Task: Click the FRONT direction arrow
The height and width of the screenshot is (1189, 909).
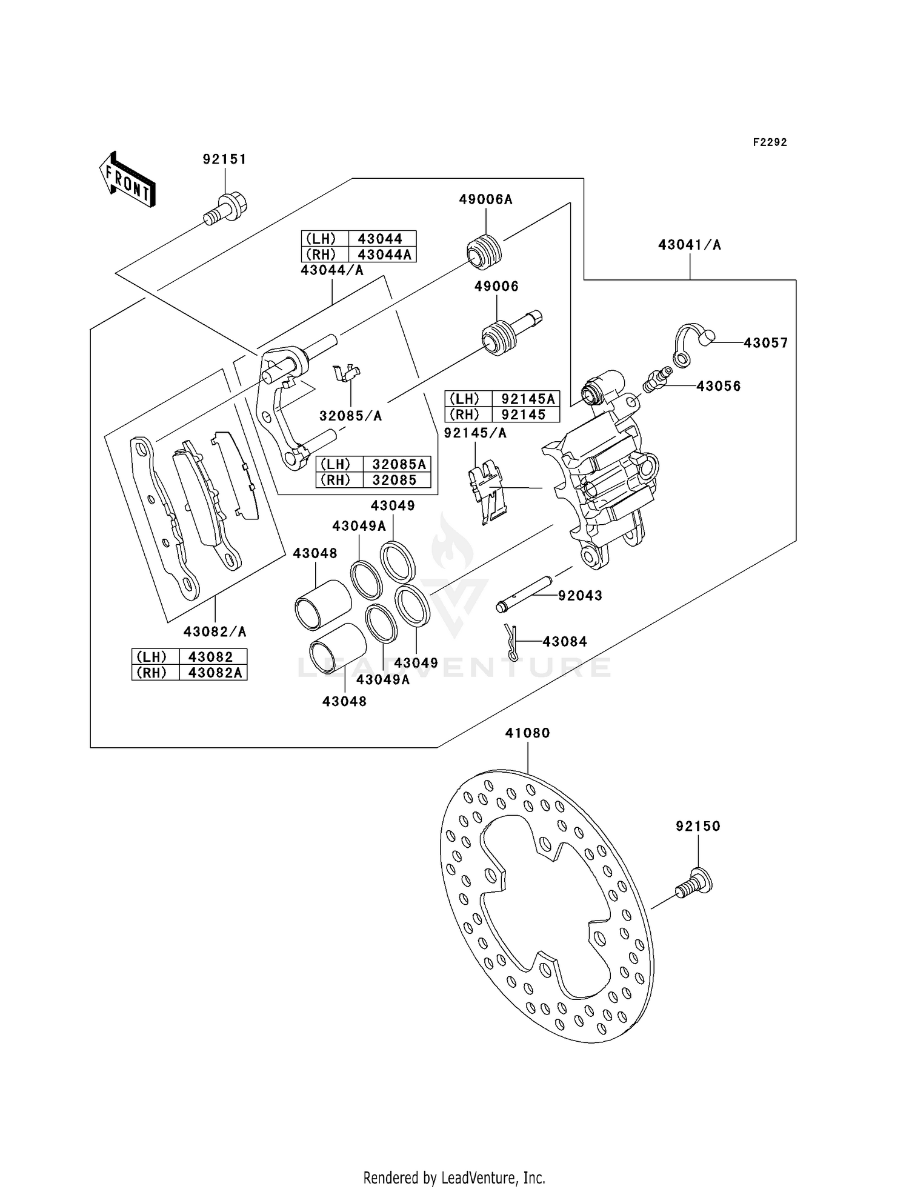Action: [127, 180]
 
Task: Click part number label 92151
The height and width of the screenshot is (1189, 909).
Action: [225, 159]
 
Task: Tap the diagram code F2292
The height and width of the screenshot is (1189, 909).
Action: [770, 142]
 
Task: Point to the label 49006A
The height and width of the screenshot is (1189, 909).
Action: [485, 199]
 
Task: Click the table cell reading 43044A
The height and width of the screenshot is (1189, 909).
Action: [384, 255]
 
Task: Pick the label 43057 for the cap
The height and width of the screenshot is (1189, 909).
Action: [766, 343]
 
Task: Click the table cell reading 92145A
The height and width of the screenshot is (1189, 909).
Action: [525, 399]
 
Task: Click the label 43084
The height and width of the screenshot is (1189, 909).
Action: [565, 642]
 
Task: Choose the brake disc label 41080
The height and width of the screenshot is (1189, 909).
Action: [528, 733]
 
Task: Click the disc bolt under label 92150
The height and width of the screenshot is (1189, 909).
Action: [694, 882]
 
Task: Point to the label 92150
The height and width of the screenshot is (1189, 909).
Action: [698, 827]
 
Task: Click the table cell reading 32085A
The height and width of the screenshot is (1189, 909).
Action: [399, 464]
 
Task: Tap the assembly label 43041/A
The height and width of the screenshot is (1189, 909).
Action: [690, 245]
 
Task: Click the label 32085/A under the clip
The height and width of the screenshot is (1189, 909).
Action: [350, 416]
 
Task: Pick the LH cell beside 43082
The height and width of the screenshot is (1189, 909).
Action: [151, 657]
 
